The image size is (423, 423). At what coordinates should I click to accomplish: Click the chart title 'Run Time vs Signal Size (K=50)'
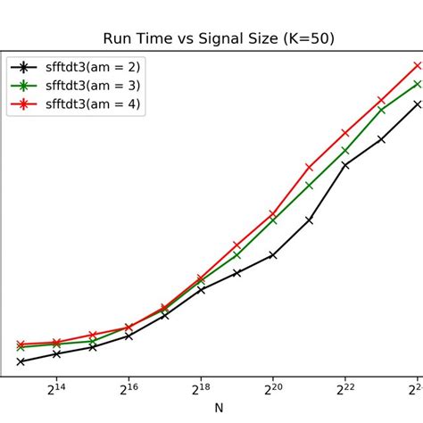(219, 38)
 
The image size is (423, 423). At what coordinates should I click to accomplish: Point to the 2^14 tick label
(56, 389)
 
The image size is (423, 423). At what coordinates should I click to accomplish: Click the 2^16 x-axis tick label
(129, 389)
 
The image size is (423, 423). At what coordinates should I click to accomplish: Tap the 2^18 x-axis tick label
(201, 389)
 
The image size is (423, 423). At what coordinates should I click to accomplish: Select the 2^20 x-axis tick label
(272, 389)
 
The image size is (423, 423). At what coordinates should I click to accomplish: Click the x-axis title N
(219, 409)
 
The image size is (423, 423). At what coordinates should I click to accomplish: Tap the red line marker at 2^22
(345, 133)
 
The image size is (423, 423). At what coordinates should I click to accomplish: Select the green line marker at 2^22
(345, 151)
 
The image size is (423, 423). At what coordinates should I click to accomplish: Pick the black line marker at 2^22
(345, 165)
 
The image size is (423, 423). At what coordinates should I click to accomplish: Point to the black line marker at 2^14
(56, 354)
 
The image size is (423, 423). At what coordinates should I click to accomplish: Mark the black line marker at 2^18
(201, 290)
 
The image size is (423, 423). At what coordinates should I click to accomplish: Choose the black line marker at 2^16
(129, 336)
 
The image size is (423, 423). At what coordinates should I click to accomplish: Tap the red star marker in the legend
(26, 104)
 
